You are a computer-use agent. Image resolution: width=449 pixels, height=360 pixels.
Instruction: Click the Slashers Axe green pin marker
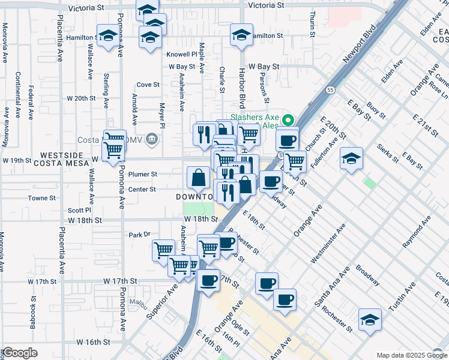click(x=288, y=119)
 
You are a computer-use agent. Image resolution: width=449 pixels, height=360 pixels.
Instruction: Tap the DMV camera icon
click(x=152, y=140)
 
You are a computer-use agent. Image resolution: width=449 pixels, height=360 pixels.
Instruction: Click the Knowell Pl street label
click(x=182, y=54)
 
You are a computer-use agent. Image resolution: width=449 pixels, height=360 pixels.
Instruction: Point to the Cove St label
click(x=148, y=85)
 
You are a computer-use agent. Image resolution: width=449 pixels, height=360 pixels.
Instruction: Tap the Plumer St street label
click(x=143, y=175)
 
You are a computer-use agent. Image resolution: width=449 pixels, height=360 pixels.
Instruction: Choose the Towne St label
click(x=41, y=197)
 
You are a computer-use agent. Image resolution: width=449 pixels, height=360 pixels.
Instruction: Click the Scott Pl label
click(x=79, y=211)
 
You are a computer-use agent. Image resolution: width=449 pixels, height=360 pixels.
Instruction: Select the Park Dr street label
click(x=138, y=235)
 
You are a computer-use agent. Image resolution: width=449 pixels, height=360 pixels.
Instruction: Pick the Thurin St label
click(x=313, y=25)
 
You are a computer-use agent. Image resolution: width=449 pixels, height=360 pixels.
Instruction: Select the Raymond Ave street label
click(x=417, y=234)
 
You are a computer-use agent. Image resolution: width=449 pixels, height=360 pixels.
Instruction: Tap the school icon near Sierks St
click(x=352, y=159)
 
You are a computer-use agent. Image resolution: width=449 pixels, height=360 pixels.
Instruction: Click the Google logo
click(x=20, y=353)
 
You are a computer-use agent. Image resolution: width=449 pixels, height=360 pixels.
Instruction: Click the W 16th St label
click(x=88, y=342)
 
